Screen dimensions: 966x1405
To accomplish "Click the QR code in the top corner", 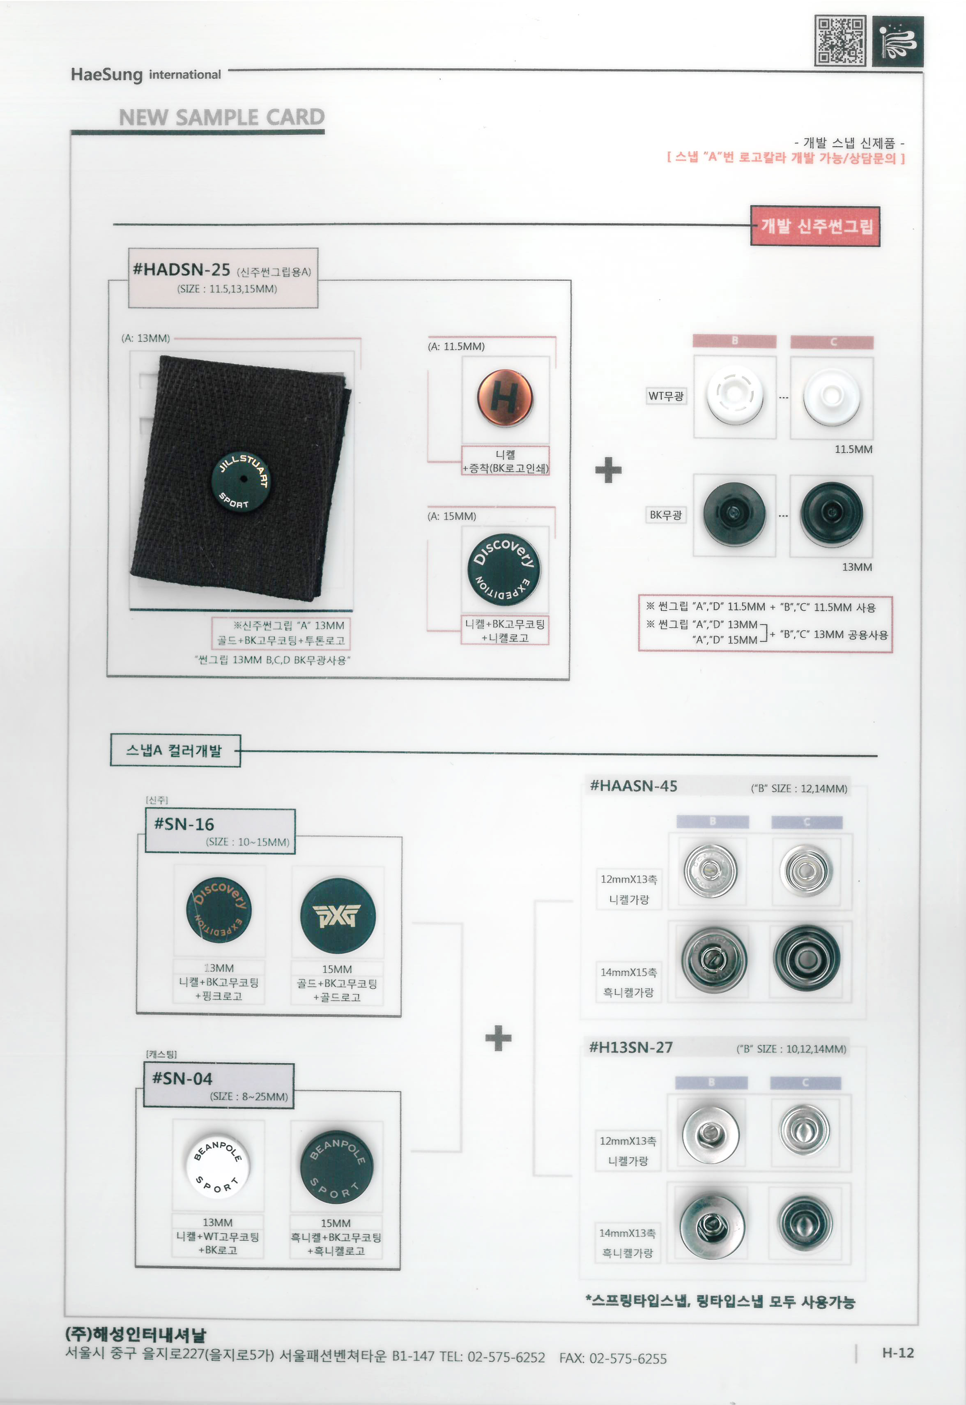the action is point(840,41).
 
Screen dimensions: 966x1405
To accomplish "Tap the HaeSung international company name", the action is point(146,74).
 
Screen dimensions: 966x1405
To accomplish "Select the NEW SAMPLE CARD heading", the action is point(221,117).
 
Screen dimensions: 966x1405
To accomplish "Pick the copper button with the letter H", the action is point(505,398).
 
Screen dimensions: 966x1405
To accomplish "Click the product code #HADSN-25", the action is point(182,269).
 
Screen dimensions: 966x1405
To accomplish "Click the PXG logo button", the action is point(338,915).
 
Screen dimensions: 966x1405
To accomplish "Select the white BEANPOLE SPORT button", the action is point(217,1165).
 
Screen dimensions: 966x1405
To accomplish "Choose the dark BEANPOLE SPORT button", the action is point(336,1166).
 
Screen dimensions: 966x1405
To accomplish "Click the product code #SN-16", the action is point(184,824).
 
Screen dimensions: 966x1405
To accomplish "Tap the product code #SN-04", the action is point(182,1078).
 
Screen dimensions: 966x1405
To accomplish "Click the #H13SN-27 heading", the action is point(631,1047).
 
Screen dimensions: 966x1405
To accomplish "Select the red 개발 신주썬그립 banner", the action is point(815,226).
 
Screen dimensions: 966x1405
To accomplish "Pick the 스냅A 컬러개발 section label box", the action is point(175,751).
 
